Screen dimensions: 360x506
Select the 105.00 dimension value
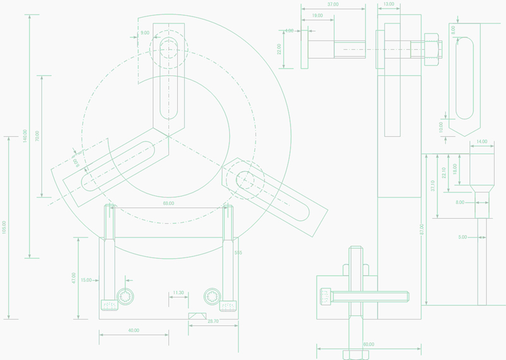tap(5, 227)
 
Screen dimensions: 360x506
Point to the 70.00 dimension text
tap(37, 135)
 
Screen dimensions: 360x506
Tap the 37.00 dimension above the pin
tap(333, 4)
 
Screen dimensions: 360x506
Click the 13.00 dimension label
tap(388, 4)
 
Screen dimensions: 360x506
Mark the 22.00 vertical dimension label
tap(280, 49)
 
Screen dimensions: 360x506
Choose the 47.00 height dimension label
tap(73, 277)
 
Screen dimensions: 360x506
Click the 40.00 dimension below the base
tap(133, 330)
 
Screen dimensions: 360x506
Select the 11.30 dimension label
tap(178, 293)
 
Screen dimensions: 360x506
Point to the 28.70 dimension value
tap(214, 321)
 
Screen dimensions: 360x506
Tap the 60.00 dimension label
tap(368, 345)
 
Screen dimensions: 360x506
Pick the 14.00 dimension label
tap(482, 142)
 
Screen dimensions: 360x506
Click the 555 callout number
tap(238, 253)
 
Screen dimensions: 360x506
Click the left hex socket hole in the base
tap(125, 297)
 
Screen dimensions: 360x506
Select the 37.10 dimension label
tap(433, 186)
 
